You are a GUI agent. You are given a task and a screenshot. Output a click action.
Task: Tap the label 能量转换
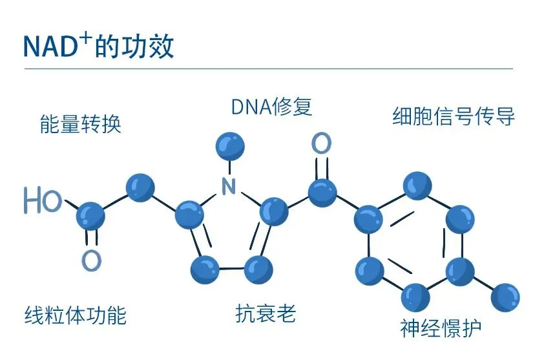click(80, 123)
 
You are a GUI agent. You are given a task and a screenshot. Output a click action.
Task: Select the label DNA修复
click(271, 107)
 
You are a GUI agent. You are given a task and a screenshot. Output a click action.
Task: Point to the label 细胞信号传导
click(454, 116)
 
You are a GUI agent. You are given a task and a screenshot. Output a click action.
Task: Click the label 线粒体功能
click(75, 315)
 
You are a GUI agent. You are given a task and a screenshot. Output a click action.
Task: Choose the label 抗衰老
click(266, 314)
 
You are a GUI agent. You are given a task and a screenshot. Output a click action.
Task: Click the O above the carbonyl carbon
click(321, 143)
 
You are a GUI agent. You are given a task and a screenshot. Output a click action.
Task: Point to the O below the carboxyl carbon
click(92, 260)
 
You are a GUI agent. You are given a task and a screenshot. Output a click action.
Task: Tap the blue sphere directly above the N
click(229, 145)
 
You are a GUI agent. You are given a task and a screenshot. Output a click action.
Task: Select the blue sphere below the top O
click(322, 192)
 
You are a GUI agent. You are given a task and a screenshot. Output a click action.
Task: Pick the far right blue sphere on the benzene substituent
click(506, 298)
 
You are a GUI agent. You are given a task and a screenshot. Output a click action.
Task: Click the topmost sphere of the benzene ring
click(417, 185)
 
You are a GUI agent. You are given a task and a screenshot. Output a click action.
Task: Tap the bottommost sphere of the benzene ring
click(416, 297)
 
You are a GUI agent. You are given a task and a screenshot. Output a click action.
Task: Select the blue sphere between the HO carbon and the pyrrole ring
click(140, 187)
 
